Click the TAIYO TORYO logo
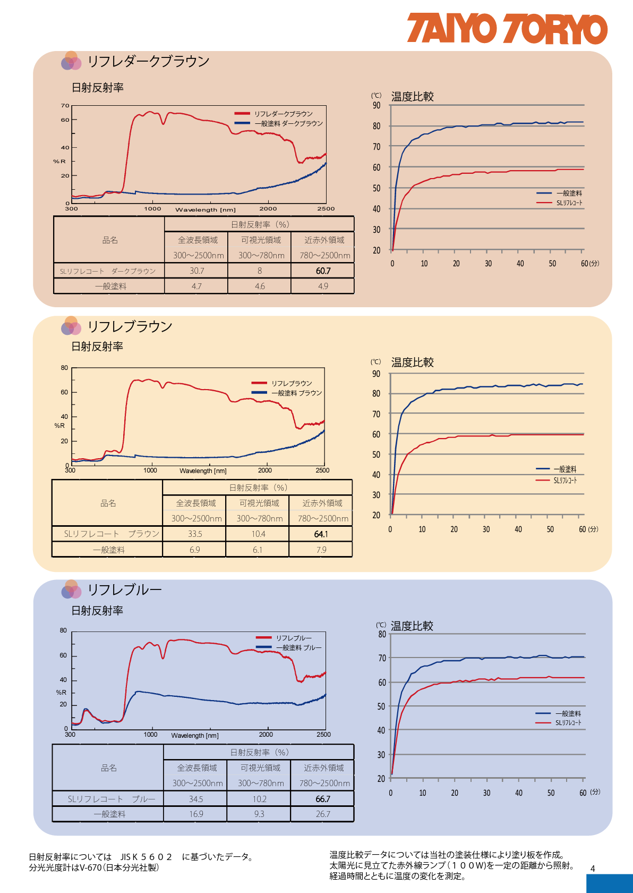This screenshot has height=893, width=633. [507, 29]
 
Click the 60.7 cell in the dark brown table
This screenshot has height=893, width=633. [323, 271]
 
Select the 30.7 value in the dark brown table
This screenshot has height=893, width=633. [196, 271]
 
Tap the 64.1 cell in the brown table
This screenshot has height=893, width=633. [321, 534]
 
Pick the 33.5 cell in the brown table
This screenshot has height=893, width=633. [195, 534]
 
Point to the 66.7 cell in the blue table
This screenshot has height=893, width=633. [322, 799]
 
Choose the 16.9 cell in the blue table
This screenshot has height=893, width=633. [196, 814]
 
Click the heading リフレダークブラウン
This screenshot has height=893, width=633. [148, 61]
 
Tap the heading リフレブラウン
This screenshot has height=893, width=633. [130, 326]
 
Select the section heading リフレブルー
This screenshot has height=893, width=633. [124, 589]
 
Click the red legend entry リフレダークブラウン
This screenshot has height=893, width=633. [283, 114]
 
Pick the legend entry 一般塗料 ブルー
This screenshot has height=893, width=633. [298, 647]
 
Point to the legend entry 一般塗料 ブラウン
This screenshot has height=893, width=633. [296, 393]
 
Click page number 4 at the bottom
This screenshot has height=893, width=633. [593, 869]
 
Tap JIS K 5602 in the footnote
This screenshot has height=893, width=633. [146, 857]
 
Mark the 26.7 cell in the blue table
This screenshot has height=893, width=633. [322, 814]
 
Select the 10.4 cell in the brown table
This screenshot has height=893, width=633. [258, 534]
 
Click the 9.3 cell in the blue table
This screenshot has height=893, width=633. [259, 814]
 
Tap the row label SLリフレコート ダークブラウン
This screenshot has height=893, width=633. [108, 271]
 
